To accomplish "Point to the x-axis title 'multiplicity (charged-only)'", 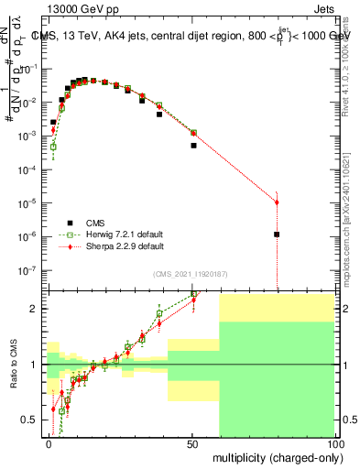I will (x=274, y=455).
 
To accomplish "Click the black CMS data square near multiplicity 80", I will (x=277, y=234).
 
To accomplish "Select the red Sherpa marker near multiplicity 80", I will (x=277, y=202).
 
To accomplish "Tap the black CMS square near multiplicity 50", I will (x=193, y=145).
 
